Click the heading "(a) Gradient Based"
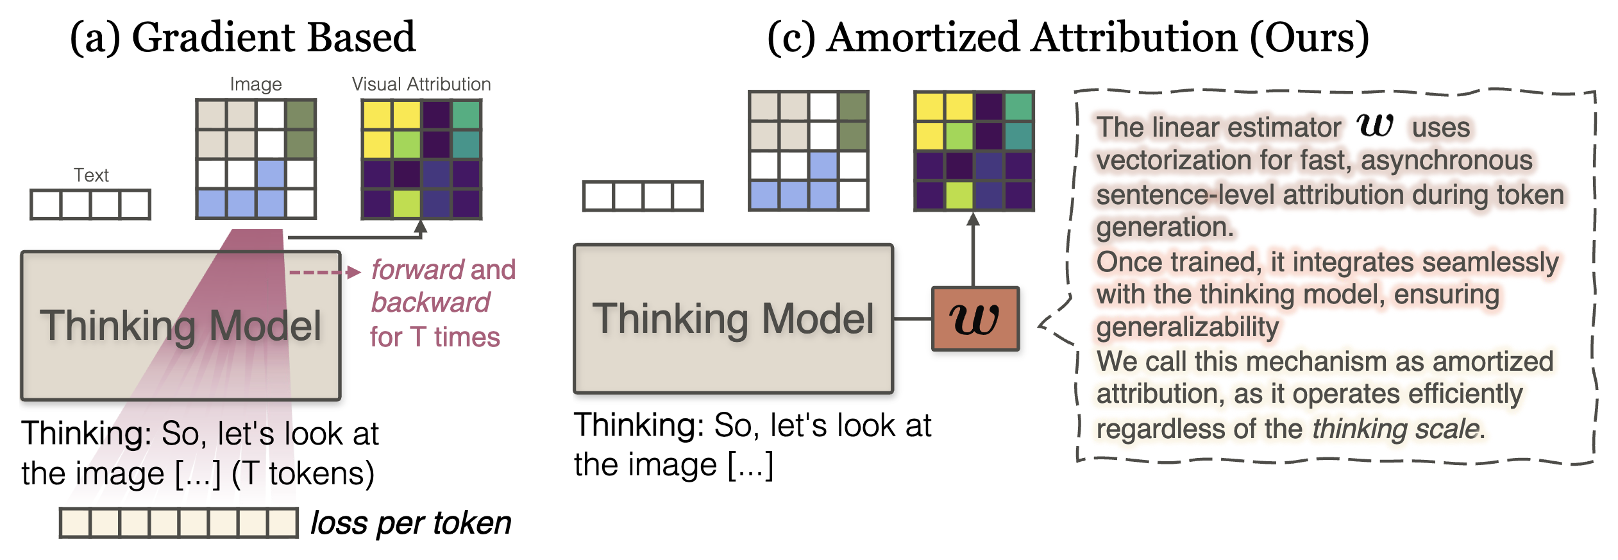[242, 37]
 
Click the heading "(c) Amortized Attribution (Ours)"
[1068, 37]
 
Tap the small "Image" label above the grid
[256, 84]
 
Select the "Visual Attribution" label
[421, 84]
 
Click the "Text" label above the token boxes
[91, 175]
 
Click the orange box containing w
[975, 319]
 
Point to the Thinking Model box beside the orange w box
[734, 319]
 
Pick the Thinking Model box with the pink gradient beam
[181, 326]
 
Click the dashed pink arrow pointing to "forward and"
[325, 273]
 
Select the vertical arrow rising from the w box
[973, 250]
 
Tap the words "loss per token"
[411, 523]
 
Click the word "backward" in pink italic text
[430, 303]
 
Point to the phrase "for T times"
[435, 337]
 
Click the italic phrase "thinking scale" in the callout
[1396, 428]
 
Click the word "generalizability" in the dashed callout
[1188, 327]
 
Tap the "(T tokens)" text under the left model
[303, 474]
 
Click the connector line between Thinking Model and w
[913, 319]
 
